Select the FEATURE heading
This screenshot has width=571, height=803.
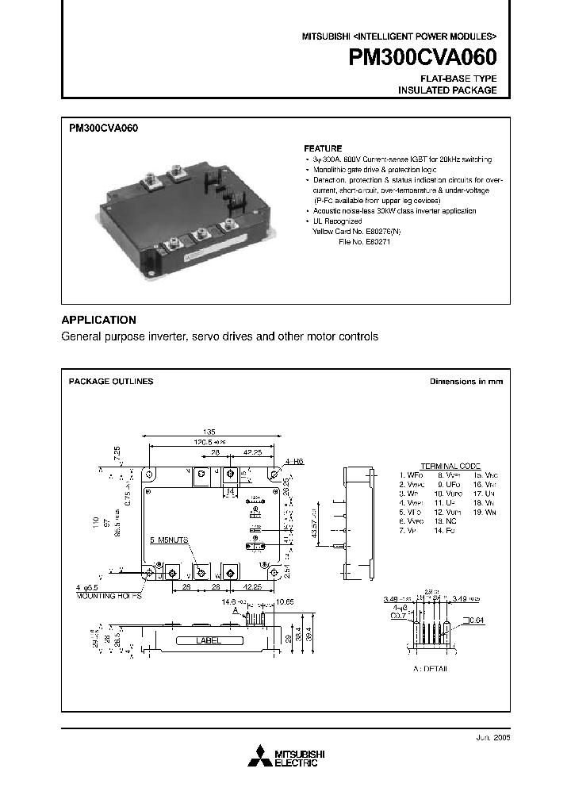324,148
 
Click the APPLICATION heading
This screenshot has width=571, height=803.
99,320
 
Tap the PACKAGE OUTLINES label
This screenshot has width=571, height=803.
111,382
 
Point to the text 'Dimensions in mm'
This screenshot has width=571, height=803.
466,382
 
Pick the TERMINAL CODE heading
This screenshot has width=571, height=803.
450,465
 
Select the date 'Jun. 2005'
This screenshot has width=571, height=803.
487,736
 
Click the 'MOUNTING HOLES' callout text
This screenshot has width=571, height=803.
109,595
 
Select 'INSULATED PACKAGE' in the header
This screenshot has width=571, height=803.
447,90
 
